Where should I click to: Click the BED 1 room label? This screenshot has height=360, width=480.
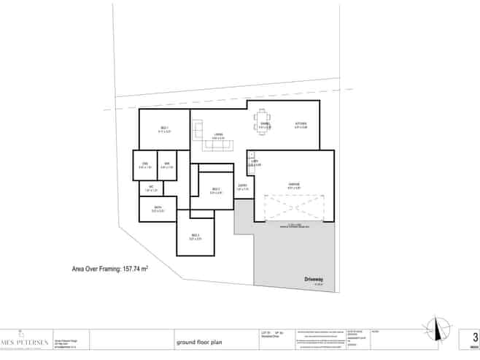click(x=165, y=129)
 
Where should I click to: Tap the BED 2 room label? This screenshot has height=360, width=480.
click(x=215, y=190)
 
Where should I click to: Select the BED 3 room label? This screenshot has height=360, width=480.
click(x=195, y=237)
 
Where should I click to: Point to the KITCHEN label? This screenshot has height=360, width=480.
click(x=301, y=125)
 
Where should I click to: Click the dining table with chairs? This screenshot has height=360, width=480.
click(x=264, y=120)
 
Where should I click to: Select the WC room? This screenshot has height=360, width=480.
click(x=151, y=188)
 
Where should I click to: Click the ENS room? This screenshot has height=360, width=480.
click(x=144, y=165)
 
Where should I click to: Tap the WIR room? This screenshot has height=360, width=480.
click(x=166, y=165)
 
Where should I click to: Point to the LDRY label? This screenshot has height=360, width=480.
click(x=255, y=163)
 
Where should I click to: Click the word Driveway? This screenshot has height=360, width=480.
click(x=314, y=279)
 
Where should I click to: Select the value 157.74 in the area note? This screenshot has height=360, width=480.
click(x=128, y=269)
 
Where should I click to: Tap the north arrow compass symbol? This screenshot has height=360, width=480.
click(x=437, y=331)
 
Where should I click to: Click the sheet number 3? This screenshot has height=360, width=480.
click(x=475, y=337)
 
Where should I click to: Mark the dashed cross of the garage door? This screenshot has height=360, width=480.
click(x=294, y=208)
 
